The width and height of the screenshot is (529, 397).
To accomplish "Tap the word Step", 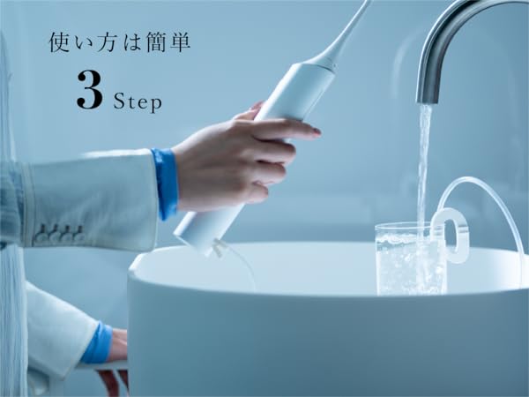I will click(138, 101).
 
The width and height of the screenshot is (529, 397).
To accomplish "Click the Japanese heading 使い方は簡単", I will click(119, 41).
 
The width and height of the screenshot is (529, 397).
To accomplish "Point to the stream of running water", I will click(424, 168).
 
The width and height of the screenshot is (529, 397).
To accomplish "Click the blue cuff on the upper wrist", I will click(165, 184).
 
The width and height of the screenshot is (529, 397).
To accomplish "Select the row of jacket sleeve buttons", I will click(56, 236).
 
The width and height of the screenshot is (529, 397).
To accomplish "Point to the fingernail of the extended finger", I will click(313, 131).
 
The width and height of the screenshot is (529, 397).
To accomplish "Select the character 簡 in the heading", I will click(160, 41).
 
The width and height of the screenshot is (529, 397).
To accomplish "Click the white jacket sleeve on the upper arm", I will click(88, 198).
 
